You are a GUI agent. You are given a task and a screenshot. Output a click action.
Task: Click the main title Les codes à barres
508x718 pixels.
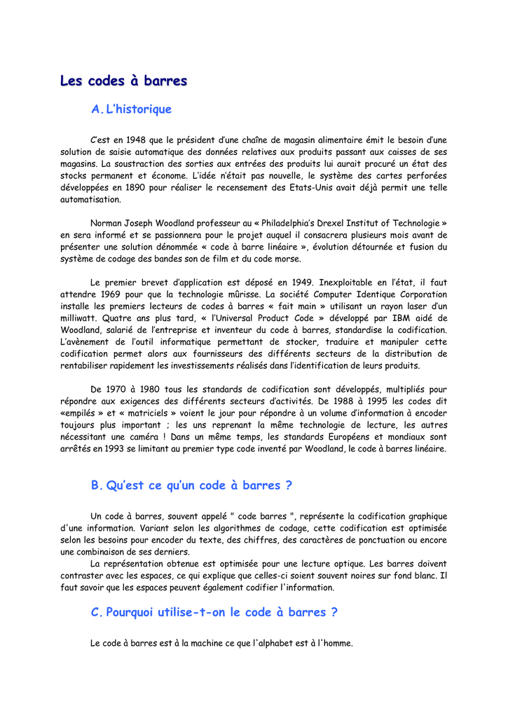click(123, 81)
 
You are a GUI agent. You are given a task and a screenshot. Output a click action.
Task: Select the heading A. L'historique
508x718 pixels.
click(131, 109)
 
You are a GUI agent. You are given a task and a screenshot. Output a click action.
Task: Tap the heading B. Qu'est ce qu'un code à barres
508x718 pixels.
click(191, 485)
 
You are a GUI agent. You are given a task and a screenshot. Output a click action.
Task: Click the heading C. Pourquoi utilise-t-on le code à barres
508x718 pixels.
click(214, 612)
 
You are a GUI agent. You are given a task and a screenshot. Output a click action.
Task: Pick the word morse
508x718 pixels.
click(286, 259)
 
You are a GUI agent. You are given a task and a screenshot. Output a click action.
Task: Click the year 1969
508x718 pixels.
click(114, 294)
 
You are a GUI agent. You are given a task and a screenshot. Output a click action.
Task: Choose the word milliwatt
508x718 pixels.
click(78, 318)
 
